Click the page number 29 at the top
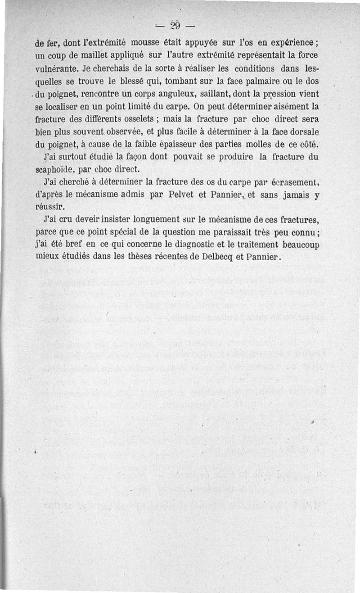[175, 25]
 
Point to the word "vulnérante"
[58, 70]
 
